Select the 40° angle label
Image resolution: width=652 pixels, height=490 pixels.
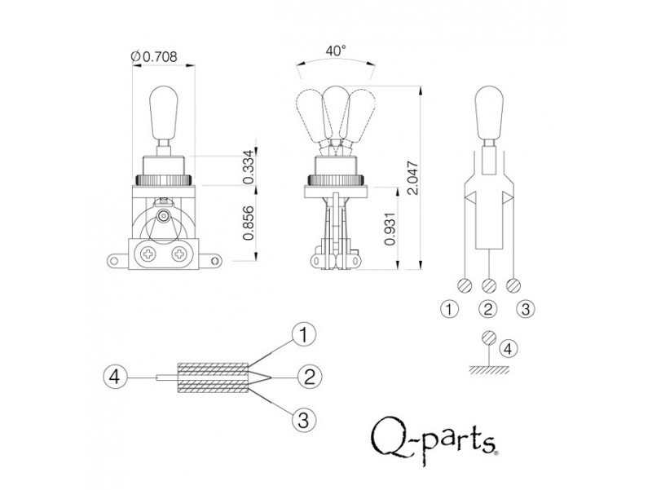pos(335,50)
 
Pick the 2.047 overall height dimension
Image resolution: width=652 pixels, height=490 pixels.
pos(415,176)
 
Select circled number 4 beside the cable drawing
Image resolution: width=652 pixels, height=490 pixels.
pos(117,377)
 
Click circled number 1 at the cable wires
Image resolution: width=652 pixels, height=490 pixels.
pos(303,334)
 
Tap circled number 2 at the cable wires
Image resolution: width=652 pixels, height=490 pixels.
pos(307,377)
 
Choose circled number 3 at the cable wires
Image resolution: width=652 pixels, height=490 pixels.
pos(303,420)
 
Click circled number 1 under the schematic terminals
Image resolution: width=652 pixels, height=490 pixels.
pos(448,309)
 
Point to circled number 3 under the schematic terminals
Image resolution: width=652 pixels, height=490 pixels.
pos(526,309)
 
